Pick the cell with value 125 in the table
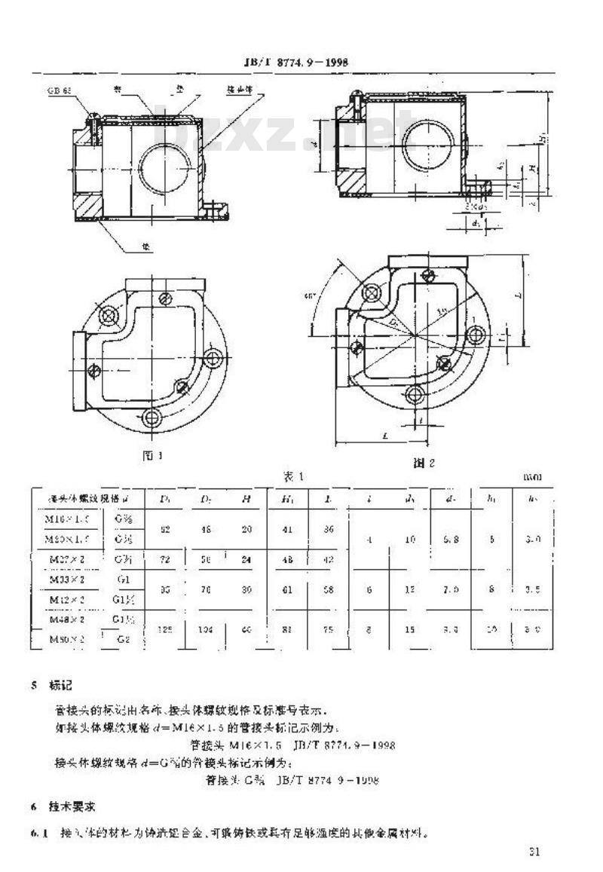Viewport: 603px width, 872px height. (x=166, y=629)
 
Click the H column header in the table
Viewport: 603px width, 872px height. (x=246, y=498)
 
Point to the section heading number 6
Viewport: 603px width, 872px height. (x=34, y=807)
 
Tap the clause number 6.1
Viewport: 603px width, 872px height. (x=38, y=834)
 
